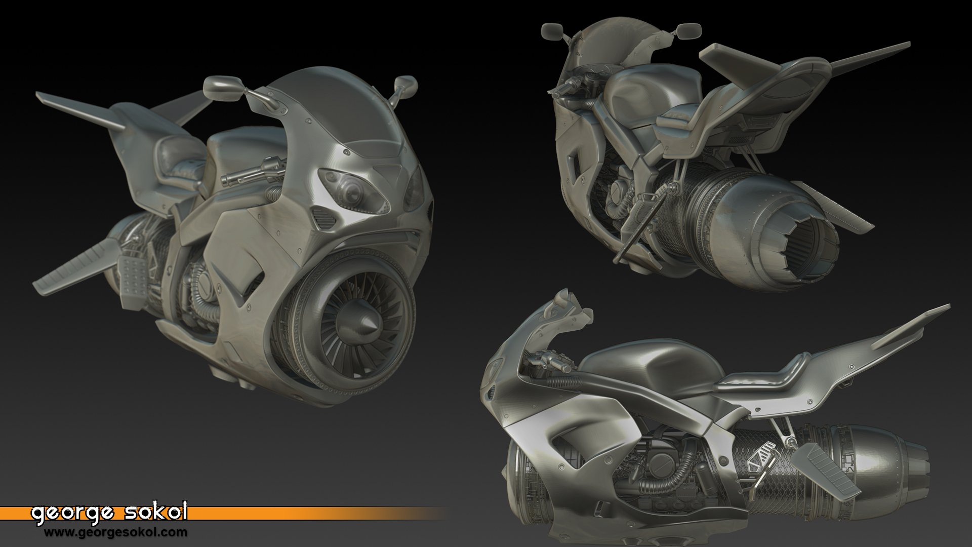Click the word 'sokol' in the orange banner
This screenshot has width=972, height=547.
[x=155, y=513]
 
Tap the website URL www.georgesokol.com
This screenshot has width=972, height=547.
[x=115, y=532]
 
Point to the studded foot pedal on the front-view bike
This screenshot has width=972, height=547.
[x=133, y=276]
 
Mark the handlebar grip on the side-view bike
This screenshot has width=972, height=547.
[x=554, y=362]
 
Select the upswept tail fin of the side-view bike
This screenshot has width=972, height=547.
[x=911, y=324]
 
